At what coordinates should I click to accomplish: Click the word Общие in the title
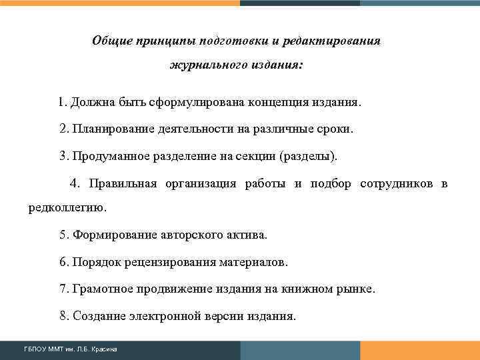click(x=111, y=41)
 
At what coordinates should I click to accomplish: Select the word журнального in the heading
click(x=204, y=66)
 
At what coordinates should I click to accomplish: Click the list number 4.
click(x=73, y=184)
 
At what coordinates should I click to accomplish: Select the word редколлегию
click(x=67, y=207)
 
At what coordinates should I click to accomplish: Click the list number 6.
click(x=63, y=262)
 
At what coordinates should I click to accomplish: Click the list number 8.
click(x=63, y=315)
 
